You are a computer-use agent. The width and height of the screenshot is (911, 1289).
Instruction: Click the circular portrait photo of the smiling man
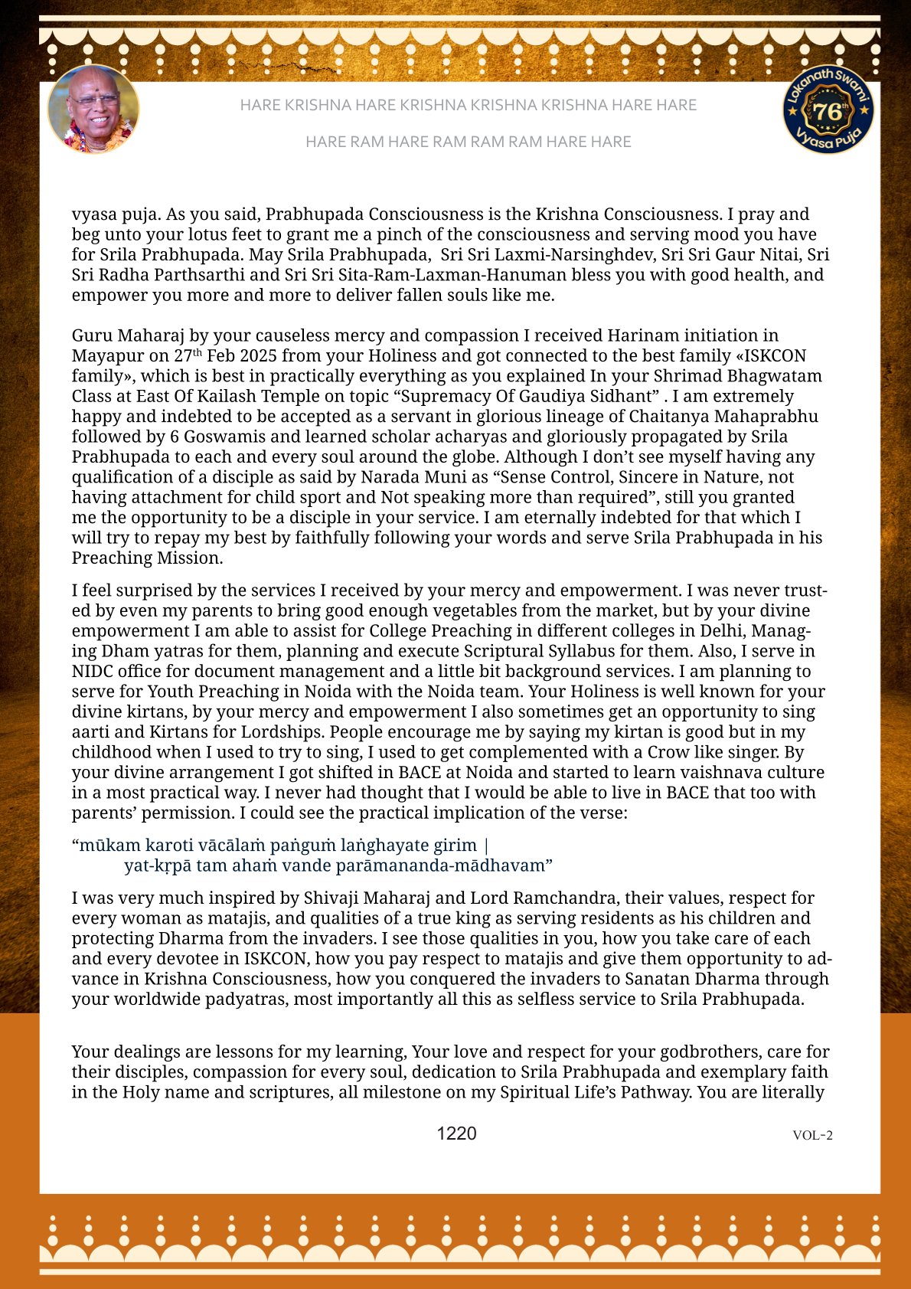tap(93, 109)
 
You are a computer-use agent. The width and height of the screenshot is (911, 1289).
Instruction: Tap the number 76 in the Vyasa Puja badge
tap(827, 112)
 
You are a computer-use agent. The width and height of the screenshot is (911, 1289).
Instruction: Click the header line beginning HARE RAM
tap(468, 142)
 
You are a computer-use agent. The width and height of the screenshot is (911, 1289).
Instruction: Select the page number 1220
tap(456, 1134)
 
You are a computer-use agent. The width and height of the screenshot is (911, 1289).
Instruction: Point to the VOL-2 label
tap(812, 1135)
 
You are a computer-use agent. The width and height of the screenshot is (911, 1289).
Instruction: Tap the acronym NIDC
tap(93, 671)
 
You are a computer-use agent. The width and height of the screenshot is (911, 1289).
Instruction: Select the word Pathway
tap(658, 1092)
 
